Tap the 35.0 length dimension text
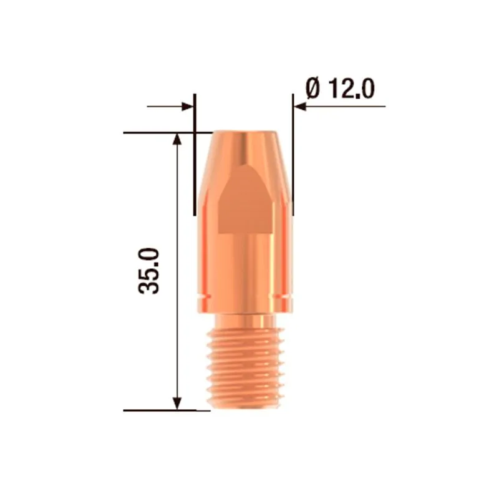tap(150, 271)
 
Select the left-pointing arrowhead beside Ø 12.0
tap(300, 107)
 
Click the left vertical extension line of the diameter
tap(195, 156)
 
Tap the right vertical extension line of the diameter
tap(293, 156)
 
